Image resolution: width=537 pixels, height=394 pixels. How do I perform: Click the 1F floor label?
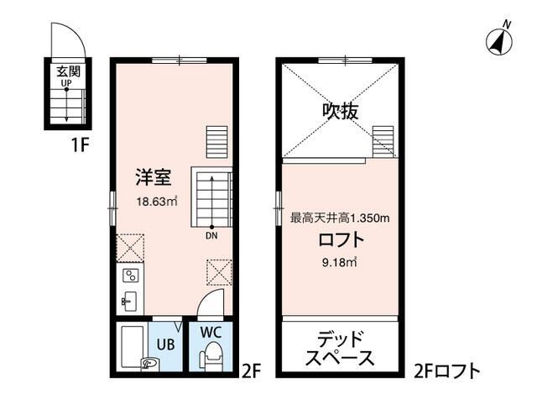[80, 144]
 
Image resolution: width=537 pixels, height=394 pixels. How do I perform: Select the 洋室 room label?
[154, 178]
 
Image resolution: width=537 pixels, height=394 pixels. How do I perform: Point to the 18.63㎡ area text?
[157, 201]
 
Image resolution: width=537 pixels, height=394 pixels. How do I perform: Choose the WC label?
[211, 329]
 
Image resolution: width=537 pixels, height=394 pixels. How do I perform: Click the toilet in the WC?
[211, 356]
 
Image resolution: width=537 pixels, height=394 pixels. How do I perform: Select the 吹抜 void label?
[339, 110]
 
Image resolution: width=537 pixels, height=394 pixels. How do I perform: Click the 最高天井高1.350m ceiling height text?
[340, 218]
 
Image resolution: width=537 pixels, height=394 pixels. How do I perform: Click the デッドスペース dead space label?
[340, 349]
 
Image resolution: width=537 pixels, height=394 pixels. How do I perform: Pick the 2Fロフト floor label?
[446, 370]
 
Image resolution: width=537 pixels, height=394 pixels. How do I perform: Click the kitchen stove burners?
[131, 275]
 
